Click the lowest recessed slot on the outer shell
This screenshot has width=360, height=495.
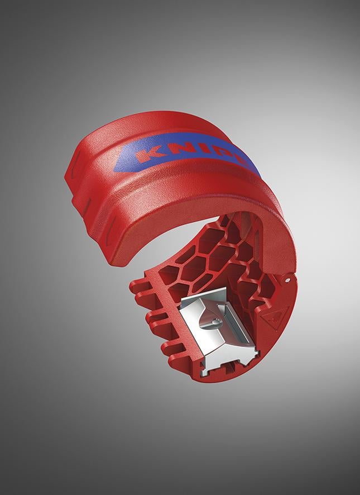tap(111, 228)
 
